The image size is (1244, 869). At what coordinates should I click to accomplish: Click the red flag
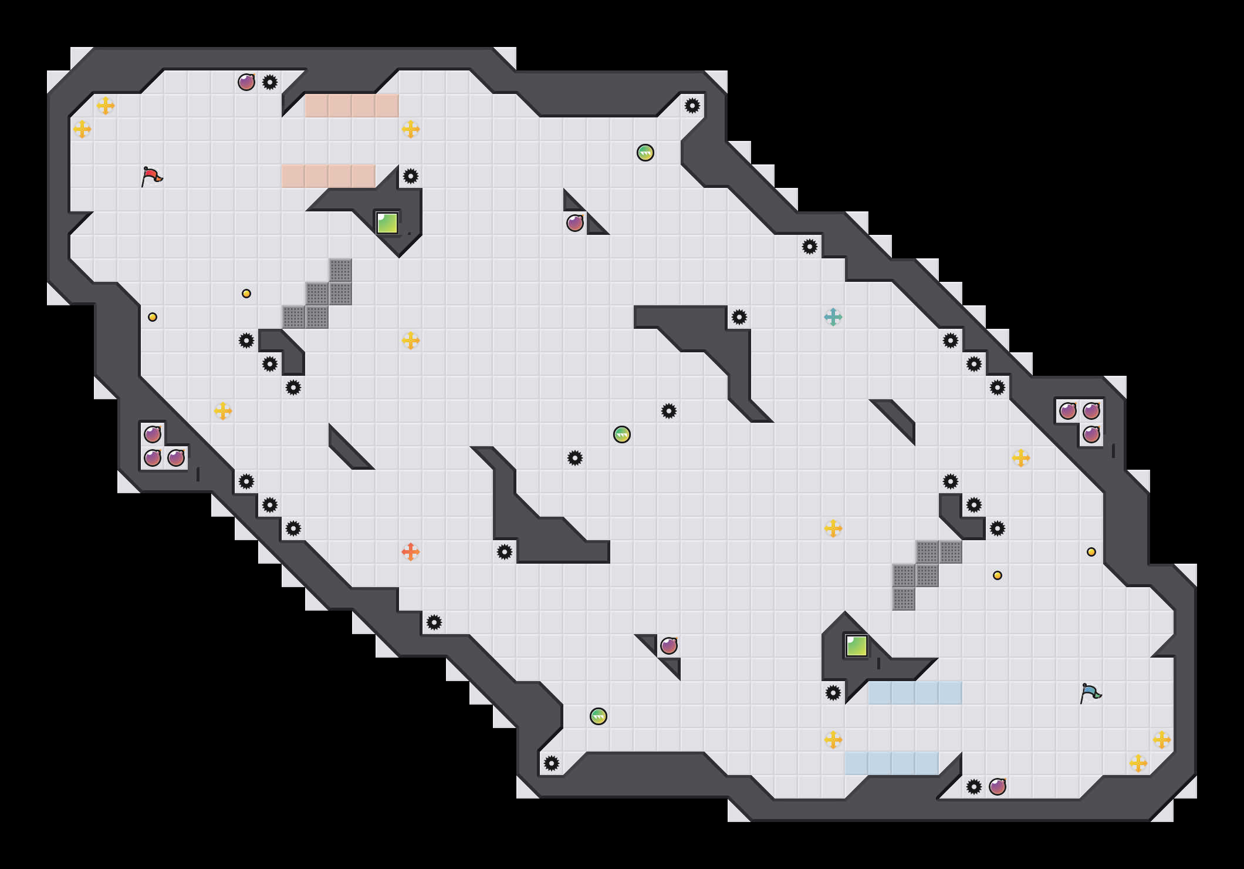coord(151,176)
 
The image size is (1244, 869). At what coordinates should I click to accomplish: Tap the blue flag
coord(1090,693)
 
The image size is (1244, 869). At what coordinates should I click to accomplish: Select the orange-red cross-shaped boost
coord(411,552)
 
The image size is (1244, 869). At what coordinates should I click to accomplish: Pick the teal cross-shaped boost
coord(833,317)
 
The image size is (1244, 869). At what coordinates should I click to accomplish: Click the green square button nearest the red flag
coord(387,223)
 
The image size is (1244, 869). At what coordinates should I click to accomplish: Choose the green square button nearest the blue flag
coord(857,646)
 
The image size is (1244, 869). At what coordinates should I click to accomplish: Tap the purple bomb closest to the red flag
coord(246,82)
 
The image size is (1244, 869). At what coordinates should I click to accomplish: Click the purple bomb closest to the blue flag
coord(998,787)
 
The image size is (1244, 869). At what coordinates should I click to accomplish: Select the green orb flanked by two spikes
coord(622,435)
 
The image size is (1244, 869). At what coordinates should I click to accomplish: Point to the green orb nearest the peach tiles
coord(645,153)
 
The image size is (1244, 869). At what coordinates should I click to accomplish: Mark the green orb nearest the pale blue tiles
coord(599,716)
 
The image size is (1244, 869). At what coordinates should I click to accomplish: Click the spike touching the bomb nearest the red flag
coord(270,82)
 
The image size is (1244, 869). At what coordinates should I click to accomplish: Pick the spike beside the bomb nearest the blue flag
coord(974,787)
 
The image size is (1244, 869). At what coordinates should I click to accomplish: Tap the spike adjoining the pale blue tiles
coord(833,693)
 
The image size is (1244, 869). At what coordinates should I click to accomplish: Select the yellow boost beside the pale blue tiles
coord(833,740)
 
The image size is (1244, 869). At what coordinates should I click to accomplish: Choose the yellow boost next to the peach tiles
coord(411,129)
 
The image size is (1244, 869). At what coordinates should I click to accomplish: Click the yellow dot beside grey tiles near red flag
coord(246,294)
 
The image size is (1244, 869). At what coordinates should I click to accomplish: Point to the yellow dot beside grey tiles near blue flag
coord(998,575)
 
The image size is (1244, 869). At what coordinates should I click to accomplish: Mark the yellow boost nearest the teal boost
coord(833,528)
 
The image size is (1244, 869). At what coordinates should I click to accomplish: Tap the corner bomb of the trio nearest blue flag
coord(1091,411)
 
